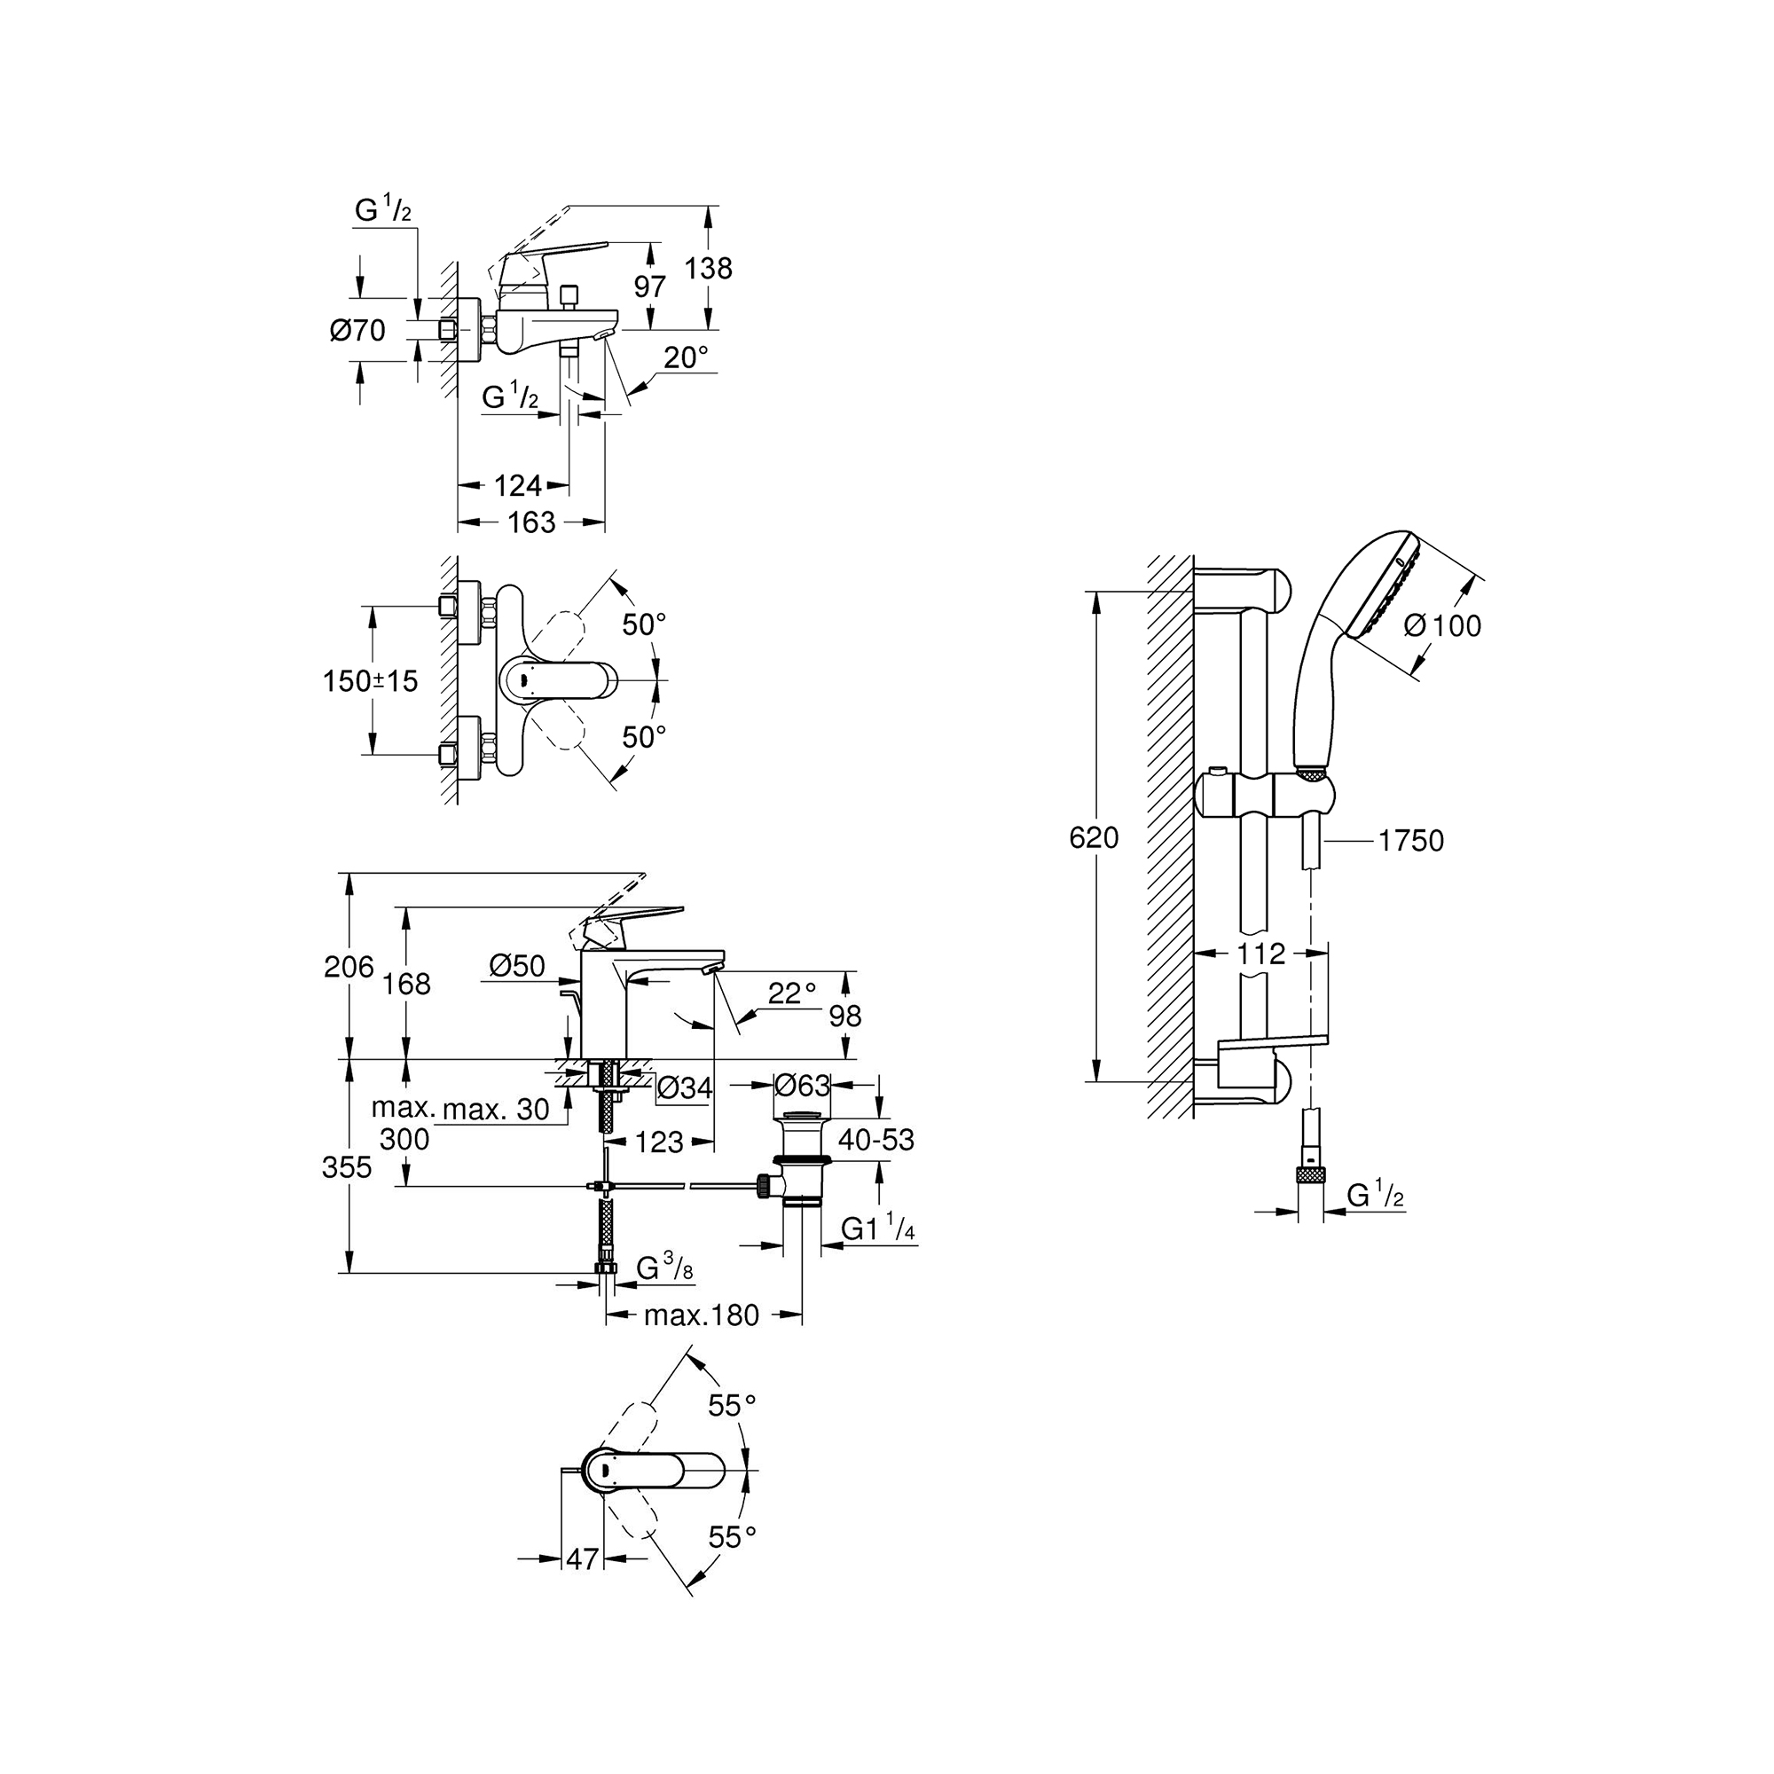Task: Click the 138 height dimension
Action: pos(709,268)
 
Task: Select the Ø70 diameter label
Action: pos(358,330)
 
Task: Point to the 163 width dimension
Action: pos(531,522)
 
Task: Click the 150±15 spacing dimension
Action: pos(370,680)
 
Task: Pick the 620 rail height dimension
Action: pos(1095,837)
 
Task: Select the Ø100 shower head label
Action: pos(1442,625)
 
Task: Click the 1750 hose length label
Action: pos(1411,840)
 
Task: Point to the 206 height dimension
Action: pos(349,966)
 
